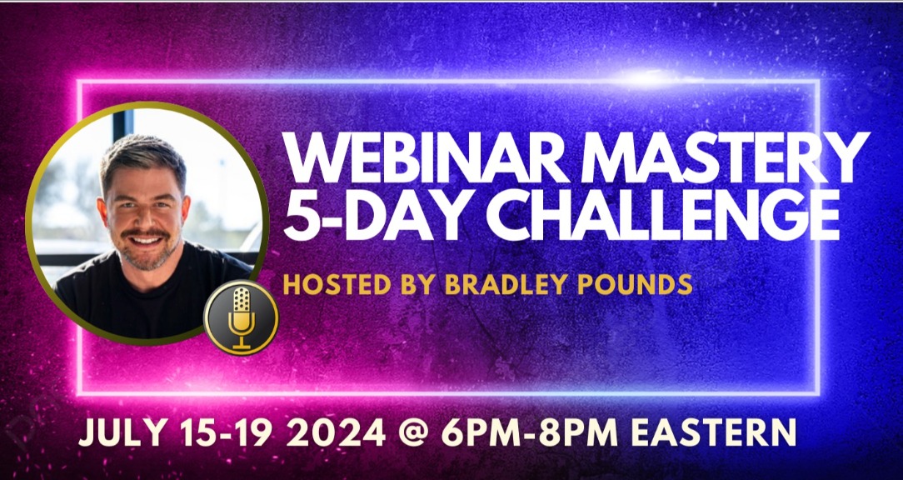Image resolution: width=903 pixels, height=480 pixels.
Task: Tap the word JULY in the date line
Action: [124, 432]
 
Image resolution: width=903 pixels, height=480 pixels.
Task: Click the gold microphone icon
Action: [241, 317]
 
